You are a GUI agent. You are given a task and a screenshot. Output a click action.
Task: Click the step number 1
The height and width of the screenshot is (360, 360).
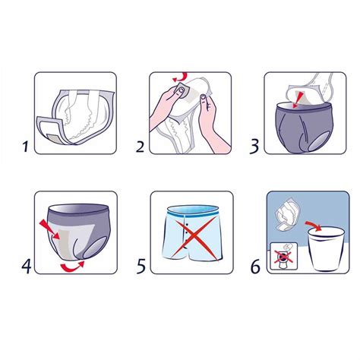[x=26, y=147]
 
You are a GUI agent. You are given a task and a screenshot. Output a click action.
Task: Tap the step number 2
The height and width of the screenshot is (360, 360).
[x=140, y=147]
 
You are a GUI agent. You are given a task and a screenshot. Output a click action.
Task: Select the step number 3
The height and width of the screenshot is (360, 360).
[x=254, y=147]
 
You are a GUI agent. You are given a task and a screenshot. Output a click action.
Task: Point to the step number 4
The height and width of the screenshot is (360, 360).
[x=27, y=266]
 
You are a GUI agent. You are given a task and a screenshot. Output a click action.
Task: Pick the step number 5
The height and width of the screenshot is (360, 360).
[x=141, y=266]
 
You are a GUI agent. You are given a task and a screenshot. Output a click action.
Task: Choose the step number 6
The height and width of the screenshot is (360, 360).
[x=255, y=267]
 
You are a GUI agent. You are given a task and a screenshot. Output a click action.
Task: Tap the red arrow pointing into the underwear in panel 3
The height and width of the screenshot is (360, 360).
[x=298, y=99]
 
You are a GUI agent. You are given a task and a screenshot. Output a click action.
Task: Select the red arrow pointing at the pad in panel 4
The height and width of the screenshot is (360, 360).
[x=49, y=229]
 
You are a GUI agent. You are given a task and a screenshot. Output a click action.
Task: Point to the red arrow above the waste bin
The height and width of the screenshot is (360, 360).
[x=314, y=226]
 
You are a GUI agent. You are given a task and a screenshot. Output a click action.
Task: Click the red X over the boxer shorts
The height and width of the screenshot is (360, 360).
[x=195, y=237]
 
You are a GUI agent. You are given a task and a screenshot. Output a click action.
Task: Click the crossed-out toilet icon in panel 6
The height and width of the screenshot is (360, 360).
[x=284, y=257]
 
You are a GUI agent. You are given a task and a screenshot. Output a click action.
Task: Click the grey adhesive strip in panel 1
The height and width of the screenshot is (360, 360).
[x=54, y=138]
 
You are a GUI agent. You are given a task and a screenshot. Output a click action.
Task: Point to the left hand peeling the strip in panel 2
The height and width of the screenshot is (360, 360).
[x=167, y=105]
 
